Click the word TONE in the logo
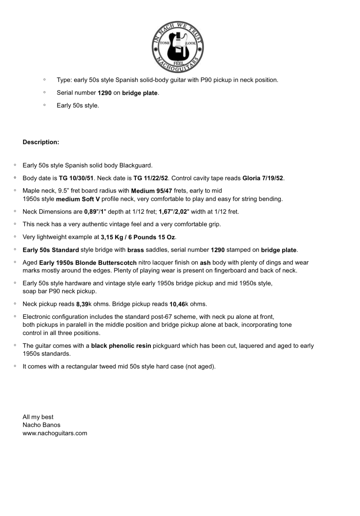tap(165, 43)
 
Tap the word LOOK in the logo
tap(191, 43)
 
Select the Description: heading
tap(41, 142)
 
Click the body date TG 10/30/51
tap(76, 178)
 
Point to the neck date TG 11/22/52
tap(151, 178)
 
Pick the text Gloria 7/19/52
tap(263, 178)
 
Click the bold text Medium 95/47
tap(151, 191)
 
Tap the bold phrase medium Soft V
tap(78, 199)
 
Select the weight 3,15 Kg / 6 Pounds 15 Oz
tap(138, 237)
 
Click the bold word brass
tap(136, 250)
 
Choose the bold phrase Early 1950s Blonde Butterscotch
tap(88, 263)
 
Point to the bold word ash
tap(205, 263)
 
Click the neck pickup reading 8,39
tap(82, 304)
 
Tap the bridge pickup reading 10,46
tap(177, 304)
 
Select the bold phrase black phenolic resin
tap(121, 346)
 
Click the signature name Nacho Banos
tap(41, 425)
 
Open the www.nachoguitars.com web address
tap(55, 433)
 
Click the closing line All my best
tap(38, 417)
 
